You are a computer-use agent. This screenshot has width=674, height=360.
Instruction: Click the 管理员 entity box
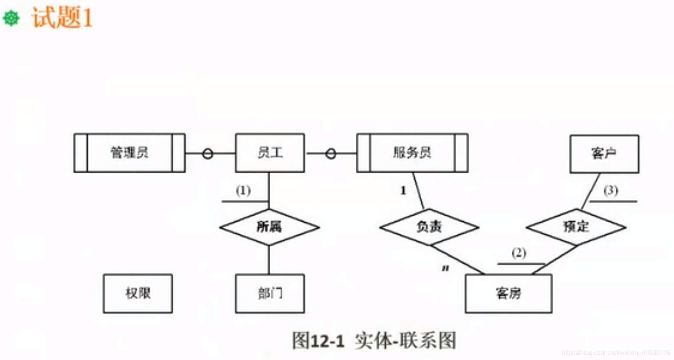[130, 153]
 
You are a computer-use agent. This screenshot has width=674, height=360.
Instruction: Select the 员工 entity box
[270, 153]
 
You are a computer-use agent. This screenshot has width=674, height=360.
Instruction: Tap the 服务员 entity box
[412, 153]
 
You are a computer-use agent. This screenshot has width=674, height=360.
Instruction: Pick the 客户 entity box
[604, 154]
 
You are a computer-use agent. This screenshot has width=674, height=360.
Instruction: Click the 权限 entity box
[138, 293]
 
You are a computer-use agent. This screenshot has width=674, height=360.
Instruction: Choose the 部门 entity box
[270, 293]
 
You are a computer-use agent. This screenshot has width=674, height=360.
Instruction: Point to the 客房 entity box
[508, 293]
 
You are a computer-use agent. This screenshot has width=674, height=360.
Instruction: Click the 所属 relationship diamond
[269, 227]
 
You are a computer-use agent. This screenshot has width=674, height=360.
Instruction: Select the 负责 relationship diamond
[429, 227]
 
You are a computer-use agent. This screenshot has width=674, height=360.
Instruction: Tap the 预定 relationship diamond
[576, 227]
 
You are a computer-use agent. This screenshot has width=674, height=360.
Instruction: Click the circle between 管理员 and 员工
[207, 154]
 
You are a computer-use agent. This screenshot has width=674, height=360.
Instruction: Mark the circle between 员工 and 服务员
[331, 154]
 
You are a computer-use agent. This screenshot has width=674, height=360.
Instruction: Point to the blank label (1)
[243, 191]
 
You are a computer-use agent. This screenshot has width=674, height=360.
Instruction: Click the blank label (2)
[519, 253]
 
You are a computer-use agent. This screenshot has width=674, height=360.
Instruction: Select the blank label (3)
[610, 190]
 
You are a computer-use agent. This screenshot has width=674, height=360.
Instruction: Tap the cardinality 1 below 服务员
[403, 191]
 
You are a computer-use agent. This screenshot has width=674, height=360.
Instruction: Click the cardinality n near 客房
[445, 268]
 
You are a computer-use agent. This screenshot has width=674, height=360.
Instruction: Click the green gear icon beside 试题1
[11, 18]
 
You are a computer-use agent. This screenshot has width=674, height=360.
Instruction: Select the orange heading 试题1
[62, 18]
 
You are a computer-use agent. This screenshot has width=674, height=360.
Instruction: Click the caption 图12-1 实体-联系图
[374, 341]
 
